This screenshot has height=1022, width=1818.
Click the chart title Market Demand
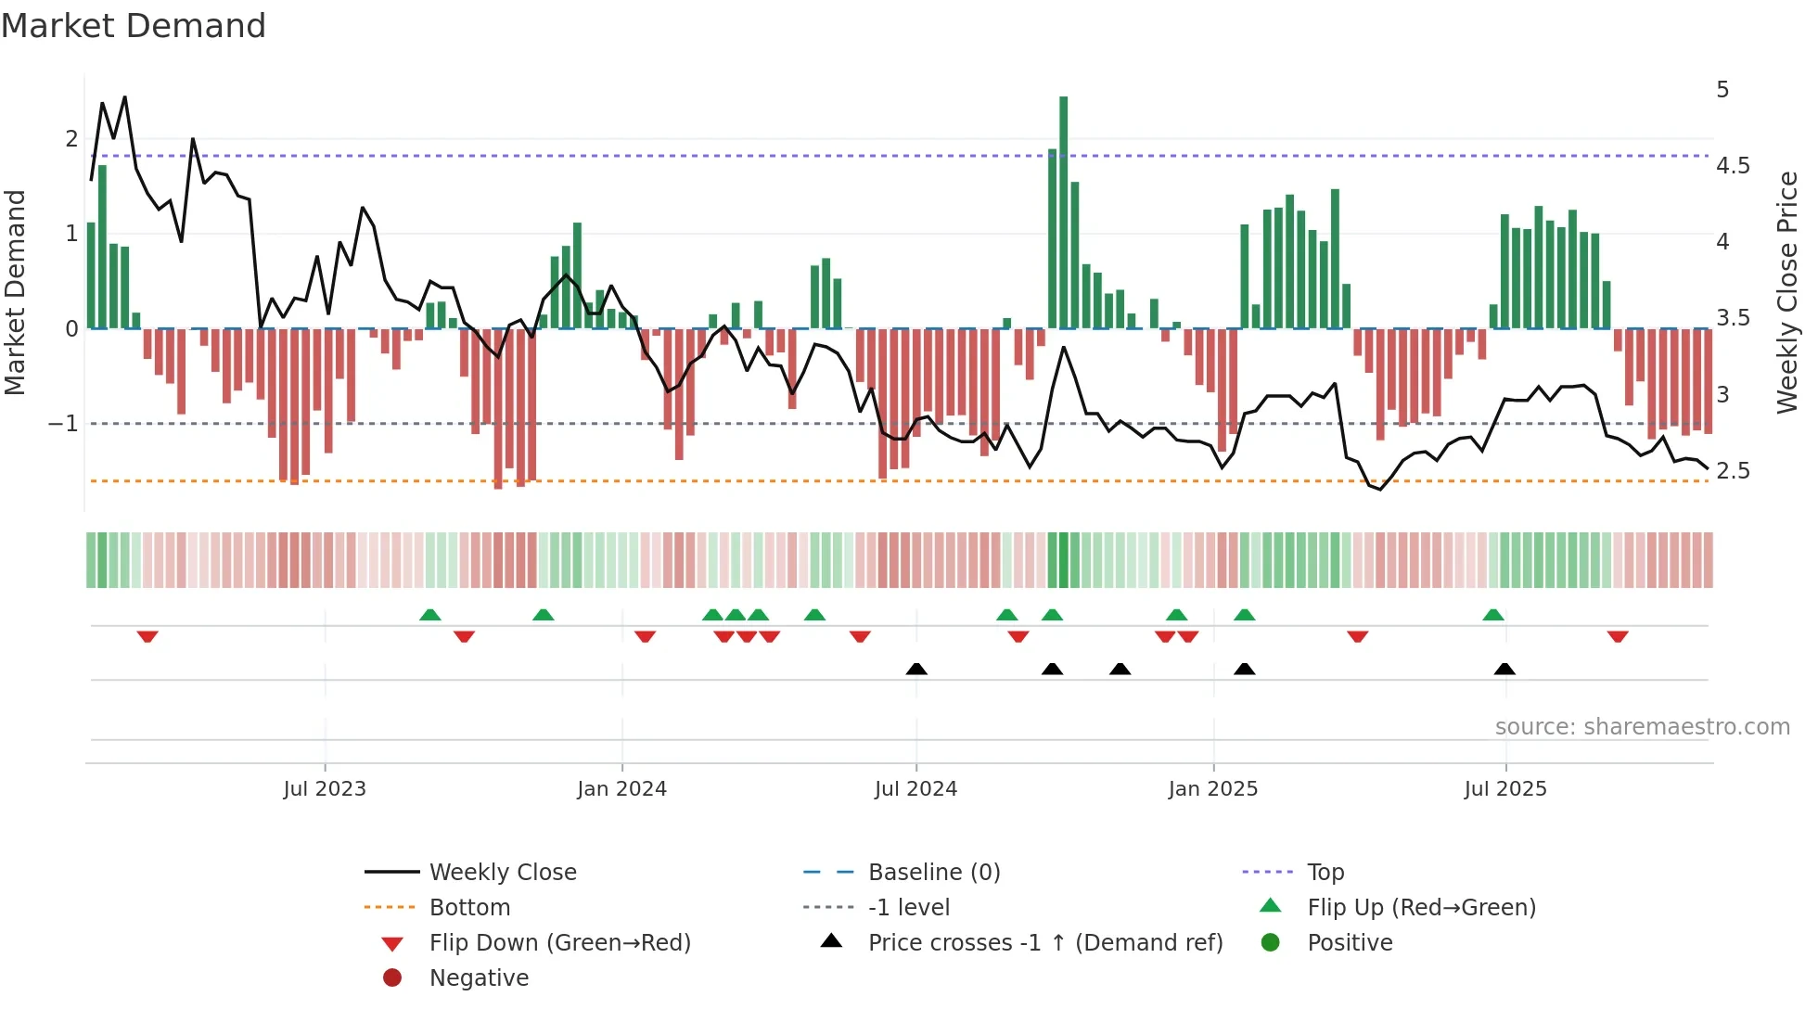tap(134, 26)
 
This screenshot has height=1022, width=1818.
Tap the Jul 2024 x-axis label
tap(915, 789)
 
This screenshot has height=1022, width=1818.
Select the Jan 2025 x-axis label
tap(1212, 789)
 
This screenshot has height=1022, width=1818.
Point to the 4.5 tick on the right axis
tap(1733, 166)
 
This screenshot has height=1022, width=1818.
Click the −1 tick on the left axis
tap(63, 424)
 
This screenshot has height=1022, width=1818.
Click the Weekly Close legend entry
tap(502, 873)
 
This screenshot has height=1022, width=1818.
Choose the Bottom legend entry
tap(469, 908)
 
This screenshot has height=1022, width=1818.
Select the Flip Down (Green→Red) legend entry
tap(559, 943)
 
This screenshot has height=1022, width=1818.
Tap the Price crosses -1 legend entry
tap(1044, 943)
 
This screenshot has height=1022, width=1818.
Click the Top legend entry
tap(1325, 873)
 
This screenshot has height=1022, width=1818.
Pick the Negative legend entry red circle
tap(392, 978)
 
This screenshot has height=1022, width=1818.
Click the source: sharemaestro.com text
tap(1642, 727)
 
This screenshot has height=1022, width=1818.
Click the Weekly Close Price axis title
tap(1786, 292)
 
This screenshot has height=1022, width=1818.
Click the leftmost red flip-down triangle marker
tap(147, 636)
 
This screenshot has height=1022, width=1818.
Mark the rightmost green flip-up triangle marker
tap(1493, 615)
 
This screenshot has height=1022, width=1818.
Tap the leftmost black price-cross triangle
tap(916, 669)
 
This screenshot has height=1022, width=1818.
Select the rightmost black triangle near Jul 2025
tap(1504, 669)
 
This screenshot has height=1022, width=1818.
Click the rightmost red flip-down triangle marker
tap(1618, 636)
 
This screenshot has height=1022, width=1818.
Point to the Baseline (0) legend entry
tap(933, 873)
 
